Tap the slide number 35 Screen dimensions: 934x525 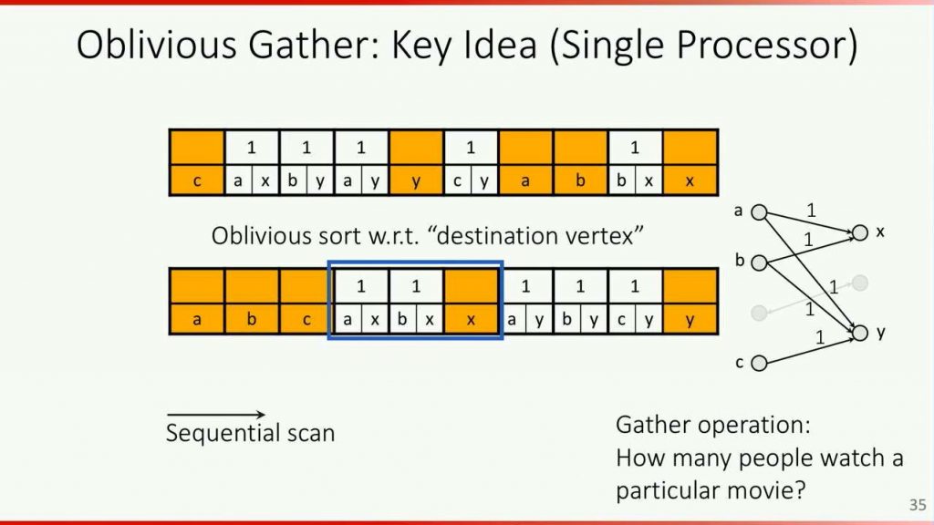point(917,504)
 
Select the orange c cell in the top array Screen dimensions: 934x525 point(197,181)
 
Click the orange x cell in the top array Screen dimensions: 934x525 point(690,181)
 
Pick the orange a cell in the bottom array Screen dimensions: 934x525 point(197,320)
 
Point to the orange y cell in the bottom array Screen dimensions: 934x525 point(690,320)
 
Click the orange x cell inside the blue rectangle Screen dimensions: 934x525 point(471,320)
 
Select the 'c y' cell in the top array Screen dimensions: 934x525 point(471,181)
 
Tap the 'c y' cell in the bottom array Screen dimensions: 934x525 point(635,320)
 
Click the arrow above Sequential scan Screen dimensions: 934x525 point(215,416)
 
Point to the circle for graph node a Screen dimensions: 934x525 point(759,212)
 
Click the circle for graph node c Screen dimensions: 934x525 point(759,364)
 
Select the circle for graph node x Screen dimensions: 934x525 point(859,233)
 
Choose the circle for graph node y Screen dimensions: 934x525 point(859,334)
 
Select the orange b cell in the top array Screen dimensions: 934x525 point(580,181)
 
